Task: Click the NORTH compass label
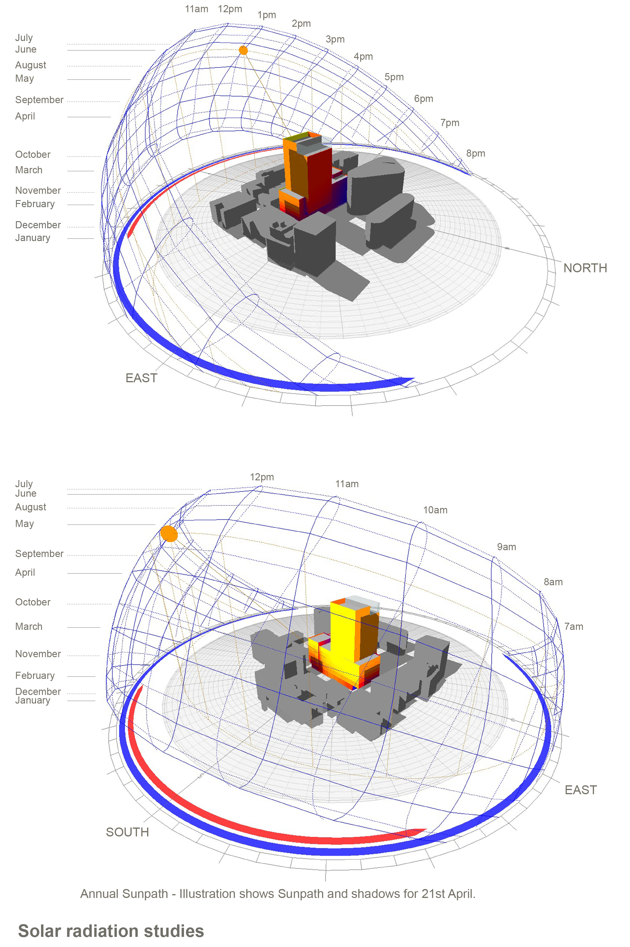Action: click(x=585, y=268)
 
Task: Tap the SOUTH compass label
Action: click(x=127, y=832)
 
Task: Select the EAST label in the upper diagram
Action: click(x=141, y=378)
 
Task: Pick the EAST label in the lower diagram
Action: click(x=581, y=790)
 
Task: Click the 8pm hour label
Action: click(x=476, y=153)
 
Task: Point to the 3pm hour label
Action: click(x=335, y=39)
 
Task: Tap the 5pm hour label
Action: click(x=394, y=77)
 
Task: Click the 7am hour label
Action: click(x=574, y=627)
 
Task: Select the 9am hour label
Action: click(x=507, y=547)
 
